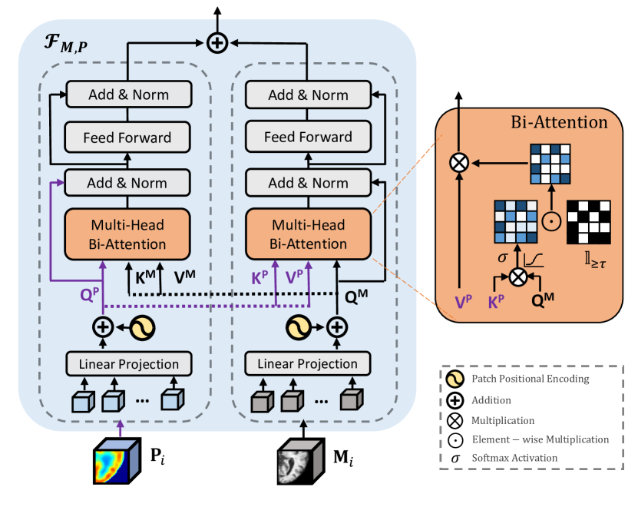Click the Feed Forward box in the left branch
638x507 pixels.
pos(127,138)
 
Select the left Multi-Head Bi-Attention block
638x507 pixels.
pos(127,234)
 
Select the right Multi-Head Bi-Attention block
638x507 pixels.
pos(308,234)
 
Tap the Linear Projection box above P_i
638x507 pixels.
pos(127,363)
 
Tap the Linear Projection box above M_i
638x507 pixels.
pos(308,363)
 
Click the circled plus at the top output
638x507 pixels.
pos(218,43)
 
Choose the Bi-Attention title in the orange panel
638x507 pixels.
pos(559,121)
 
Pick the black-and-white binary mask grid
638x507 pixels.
pos(587,221)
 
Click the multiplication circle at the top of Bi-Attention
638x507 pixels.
pos(459,162)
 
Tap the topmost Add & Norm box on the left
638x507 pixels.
pos(127,95)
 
